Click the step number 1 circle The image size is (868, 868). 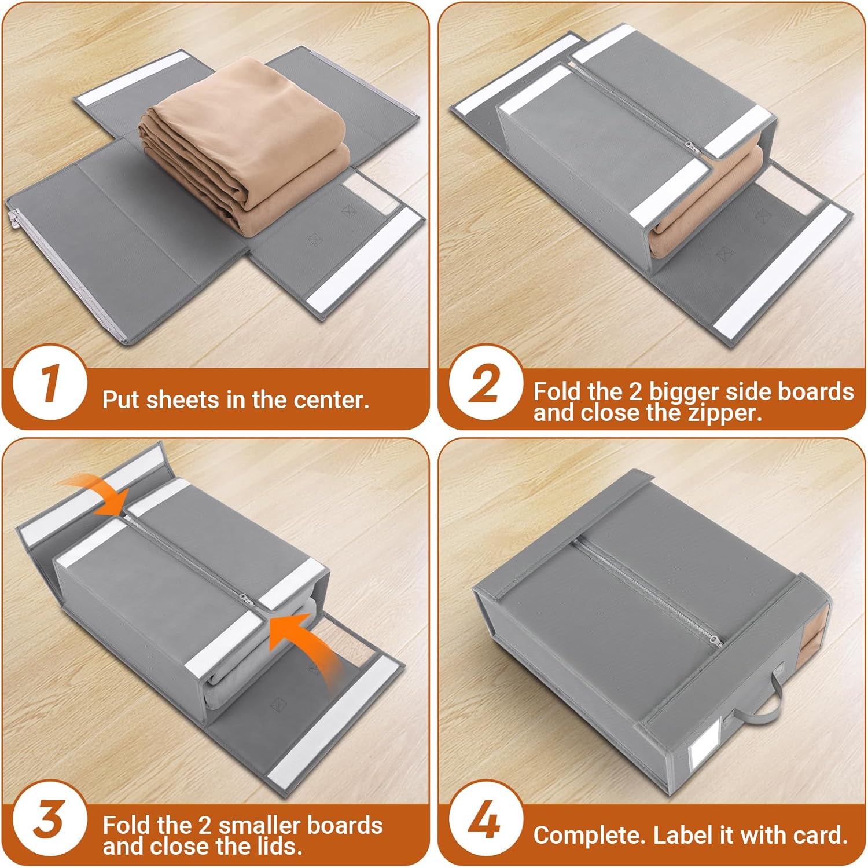(50, 383)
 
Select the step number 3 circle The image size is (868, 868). (50, 820)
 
